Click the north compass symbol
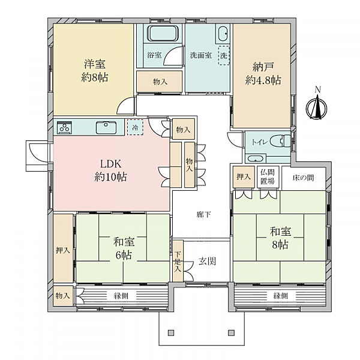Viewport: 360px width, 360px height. pos(317,107)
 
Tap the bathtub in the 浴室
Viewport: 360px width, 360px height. pos(163,33)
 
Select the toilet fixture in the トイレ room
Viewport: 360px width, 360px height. pos(280,142)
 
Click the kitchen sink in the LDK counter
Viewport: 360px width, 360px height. pos(106,127)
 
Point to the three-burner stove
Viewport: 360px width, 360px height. pos(65,127)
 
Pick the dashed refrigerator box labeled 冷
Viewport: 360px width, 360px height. pos(135,127)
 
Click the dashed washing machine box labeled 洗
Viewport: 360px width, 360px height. pos(224,56)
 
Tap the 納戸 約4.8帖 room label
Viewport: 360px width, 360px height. pos(263,73)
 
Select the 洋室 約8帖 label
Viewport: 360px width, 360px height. pos(95,70)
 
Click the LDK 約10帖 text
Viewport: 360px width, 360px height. pos(110,170)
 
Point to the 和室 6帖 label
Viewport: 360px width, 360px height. pos(124,248)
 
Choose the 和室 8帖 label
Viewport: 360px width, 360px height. pos(280,238)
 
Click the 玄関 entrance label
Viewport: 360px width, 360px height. pos(207,261)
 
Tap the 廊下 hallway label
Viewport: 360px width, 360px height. pos(203,215)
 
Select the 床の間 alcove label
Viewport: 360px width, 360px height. pos(303,178)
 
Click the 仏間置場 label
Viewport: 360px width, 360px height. pos(268,176)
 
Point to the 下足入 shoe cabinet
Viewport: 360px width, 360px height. pos(178,261)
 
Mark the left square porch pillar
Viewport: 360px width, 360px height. pos(171,332)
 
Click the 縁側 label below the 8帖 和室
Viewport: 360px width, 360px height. pos(280,296)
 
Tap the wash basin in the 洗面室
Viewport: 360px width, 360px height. pos(223,34)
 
